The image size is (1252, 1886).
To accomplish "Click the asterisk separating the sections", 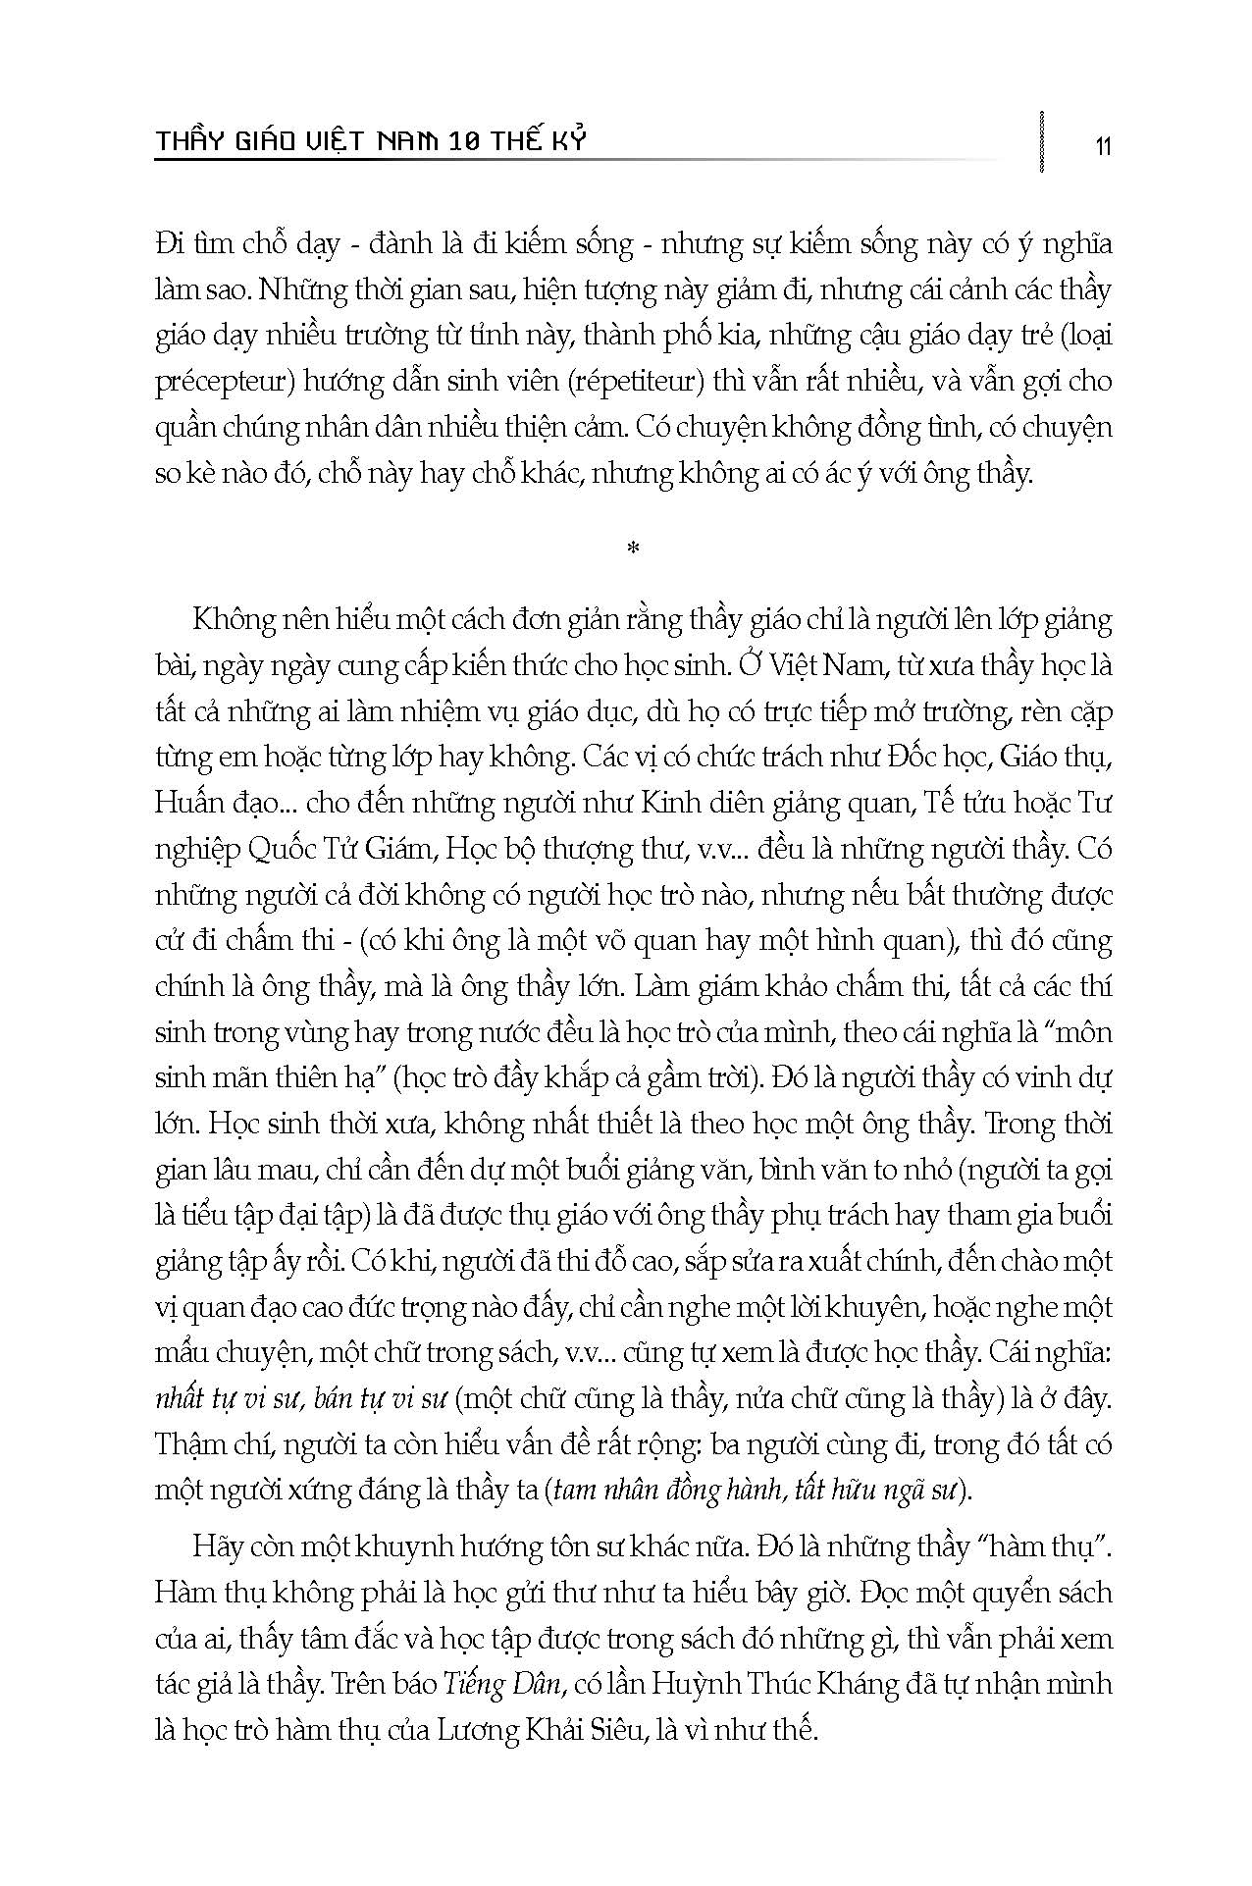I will tap(632, 549).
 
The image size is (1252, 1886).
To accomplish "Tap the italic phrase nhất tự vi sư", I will tap(225, 1400).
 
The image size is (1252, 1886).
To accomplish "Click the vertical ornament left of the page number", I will tap(1040, 141).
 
